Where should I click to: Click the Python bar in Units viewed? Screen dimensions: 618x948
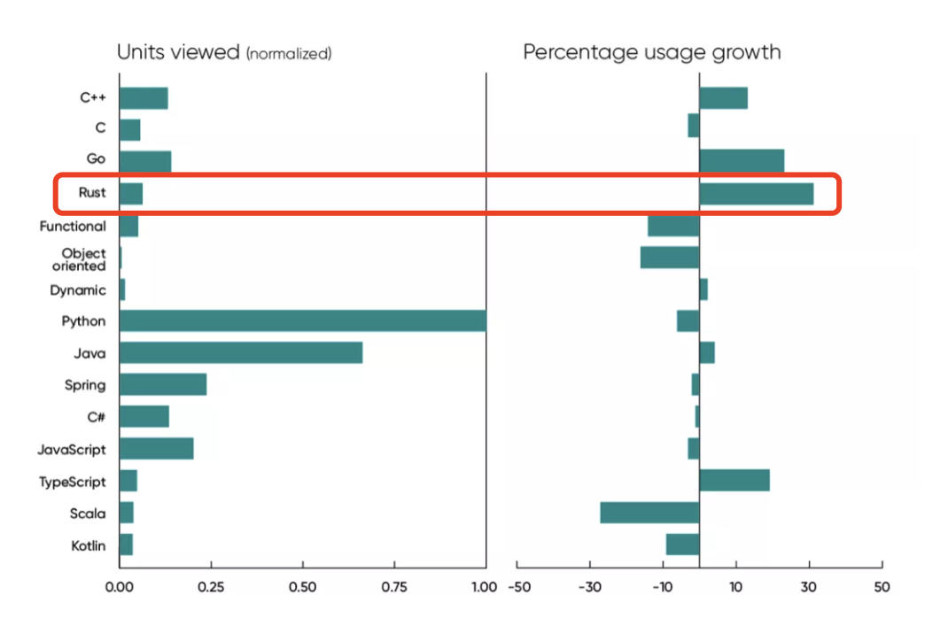coord(302,321)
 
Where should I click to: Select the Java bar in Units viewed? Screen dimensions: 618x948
coord(240,352)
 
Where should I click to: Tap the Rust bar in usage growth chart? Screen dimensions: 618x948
coord(756,193)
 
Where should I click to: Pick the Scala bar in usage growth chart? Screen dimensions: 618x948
coord(649,514)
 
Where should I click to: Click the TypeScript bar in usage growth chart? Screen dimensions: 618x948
coord(734,481)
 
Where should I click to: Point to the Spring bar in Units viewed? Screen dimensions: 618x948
coord(163,384)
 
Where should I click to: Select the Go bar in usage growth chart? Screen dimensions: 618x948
coord(742,160)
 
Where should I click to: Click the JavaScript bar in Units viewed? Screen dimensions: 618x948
coord(156,449)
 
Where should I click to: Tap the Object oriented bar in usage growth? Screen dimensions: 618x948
coord(670,258)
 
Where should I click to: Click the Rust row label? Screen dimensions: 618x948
coord(92,193)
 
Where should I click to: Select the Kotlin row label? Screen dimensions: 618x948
coord(88,545)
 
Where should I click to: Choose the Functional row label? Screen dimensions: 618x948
coord(73,227)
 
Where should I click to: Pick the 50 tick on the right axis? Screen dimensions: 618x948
coord(881,586)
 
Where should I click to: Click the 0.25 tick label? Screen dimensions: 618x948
coord(210,586)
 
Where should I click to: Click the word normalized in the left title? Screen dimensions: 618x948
coord(289,54)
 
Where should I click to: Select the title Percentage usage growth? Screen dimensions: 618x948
coord(651,52)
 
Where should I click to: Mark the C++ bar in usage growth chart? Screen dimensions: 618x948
coord(723,97)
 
